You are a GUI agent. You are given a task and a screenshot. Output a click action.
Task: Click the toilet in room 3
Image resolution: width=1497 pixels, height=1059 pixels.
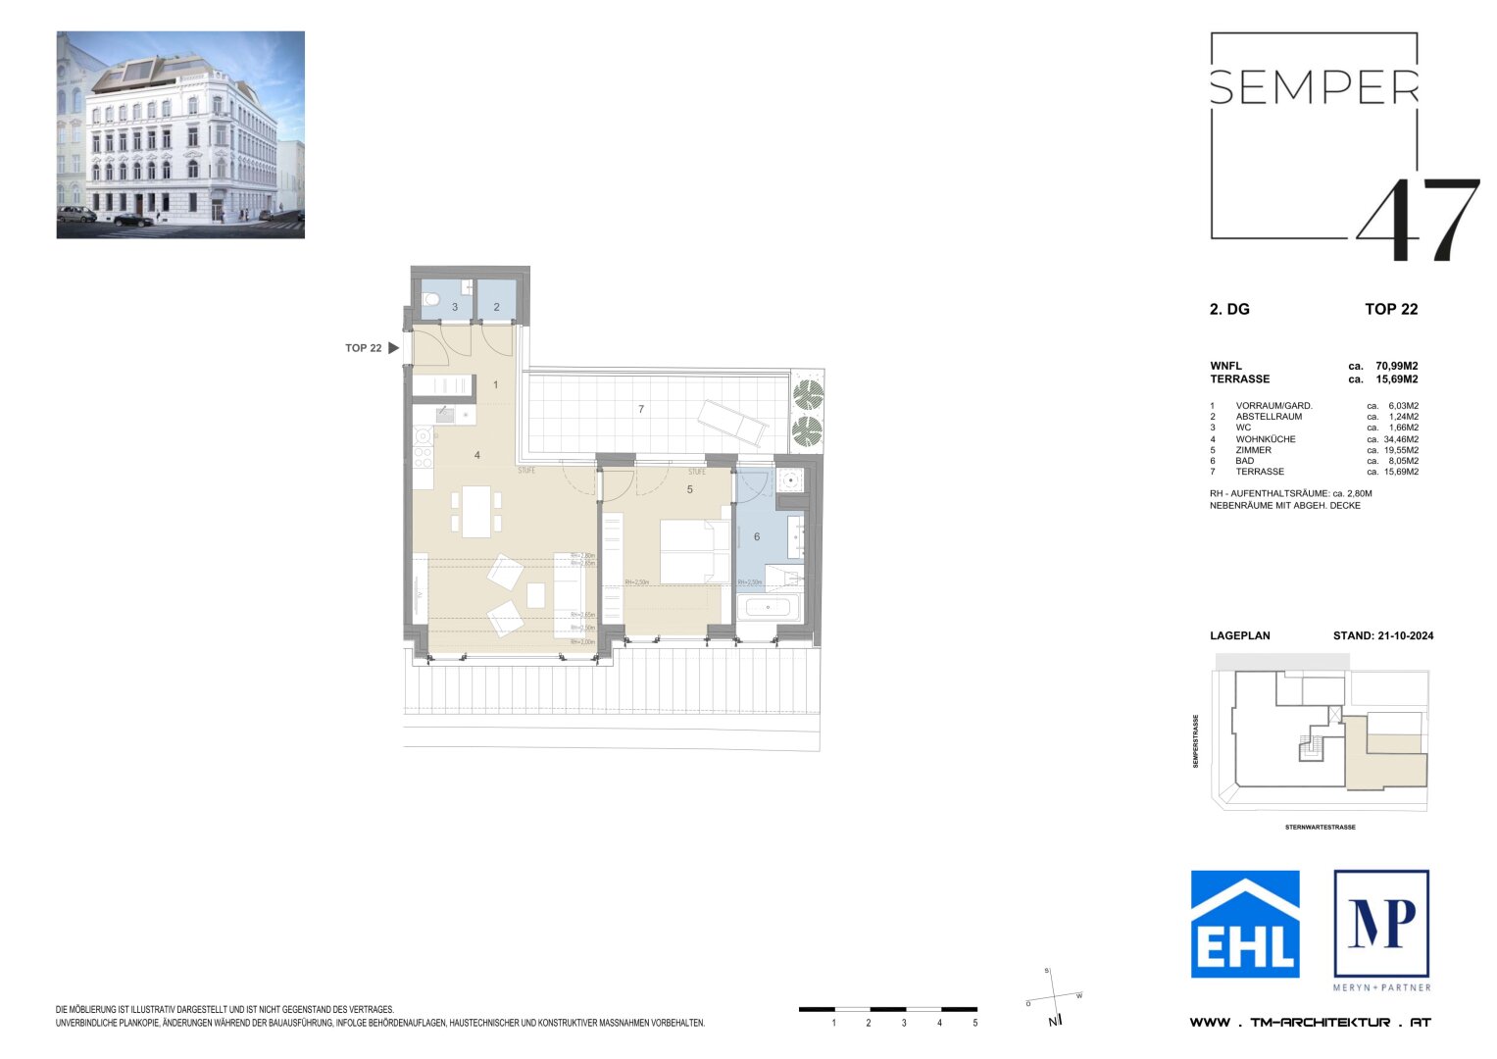click(x=429, y=300)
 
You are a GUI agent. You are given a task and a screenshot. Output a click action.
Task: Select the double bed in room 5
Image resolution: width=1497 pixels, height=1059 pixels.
click(x=694, y=551)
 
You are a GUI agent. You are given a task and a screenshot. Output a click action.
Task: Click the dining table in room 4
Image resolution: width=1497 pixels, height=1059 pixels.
click(x=476, y=512)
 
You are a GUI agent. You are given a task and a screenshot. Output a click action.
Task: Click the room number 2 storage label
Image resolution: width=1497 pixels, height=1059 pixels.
click(x=497, y=307)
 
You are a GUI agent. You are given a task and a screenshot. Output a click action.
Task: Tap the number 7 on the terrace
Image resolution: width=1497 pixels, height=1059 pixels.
click(x=641, y=409)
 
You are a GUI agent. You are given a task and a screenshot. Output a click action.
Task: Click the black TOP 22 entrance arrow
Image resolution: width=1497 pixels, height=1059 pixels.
click(x=393, y=348)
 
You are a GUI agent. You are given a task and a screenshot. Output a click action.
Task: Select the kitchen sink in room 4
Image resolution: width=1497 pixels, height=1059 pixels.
click(x=444, y=413)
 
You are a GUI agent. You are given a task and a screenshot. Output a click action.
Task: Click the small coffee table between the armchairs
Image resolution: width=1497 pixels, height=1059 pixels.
click(x=535, y=595)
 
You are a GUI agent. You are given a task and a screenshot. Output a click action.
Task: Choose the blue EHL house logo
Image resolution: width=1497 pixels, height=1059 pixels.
click(x=1245, y=924)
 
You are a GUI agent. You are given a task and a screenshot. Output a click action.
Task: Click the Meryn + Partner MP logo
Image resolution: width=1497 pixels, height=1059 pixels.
click(x=1381, y=924)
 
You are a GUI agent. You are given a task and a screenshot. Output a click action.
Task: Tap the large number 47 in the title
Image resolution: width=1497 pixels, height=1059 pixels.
click(x=1418, y=220)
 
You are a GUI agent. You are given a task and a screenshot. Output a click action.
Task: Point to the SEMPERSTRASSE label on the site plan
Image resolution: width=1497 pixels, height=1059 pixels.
click(x=1196, y=741)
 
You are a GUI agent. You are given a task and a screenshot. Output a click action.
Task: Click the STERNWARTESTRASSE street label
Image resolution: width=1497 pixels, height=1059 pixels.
click(x=1320, y=828)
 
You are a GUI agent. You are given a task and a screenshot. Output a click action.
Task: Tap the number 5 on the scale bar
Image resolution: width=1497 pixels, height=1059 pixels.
click(x=974, y=1023)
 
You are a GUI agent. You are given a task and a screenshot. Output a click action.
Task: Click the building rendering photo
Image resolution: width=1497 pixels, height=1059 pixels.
click(x=180, y=134)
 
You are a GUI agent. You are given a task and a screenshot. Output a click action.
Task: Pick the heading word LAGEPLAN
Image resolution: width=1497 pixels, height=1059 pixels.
click(x=1239, y=635)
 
